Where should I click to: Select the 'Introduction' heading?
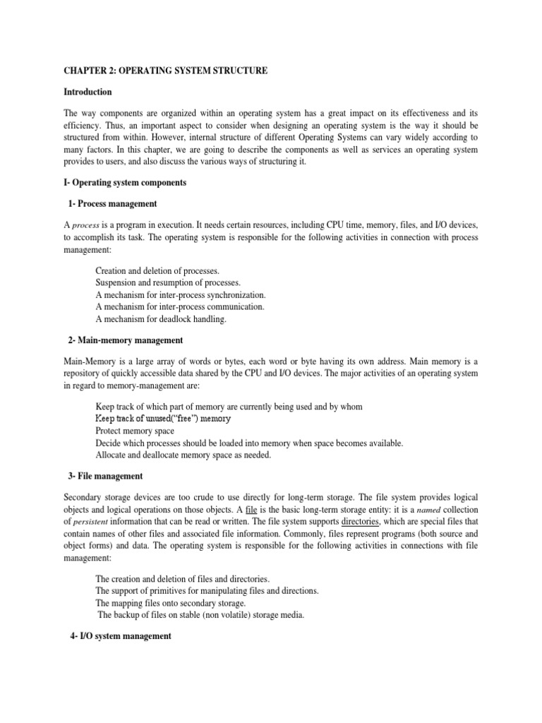[88, 92]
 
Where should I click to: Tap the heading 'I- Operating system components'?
[125, 182]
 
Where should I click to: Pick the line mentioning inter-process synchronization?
[181, 294]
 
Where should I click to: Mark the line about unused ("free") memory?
[163, 419]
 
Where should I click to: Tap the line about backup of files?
[200, 615]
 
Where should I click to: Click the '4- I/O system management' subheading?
[120, 636]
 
